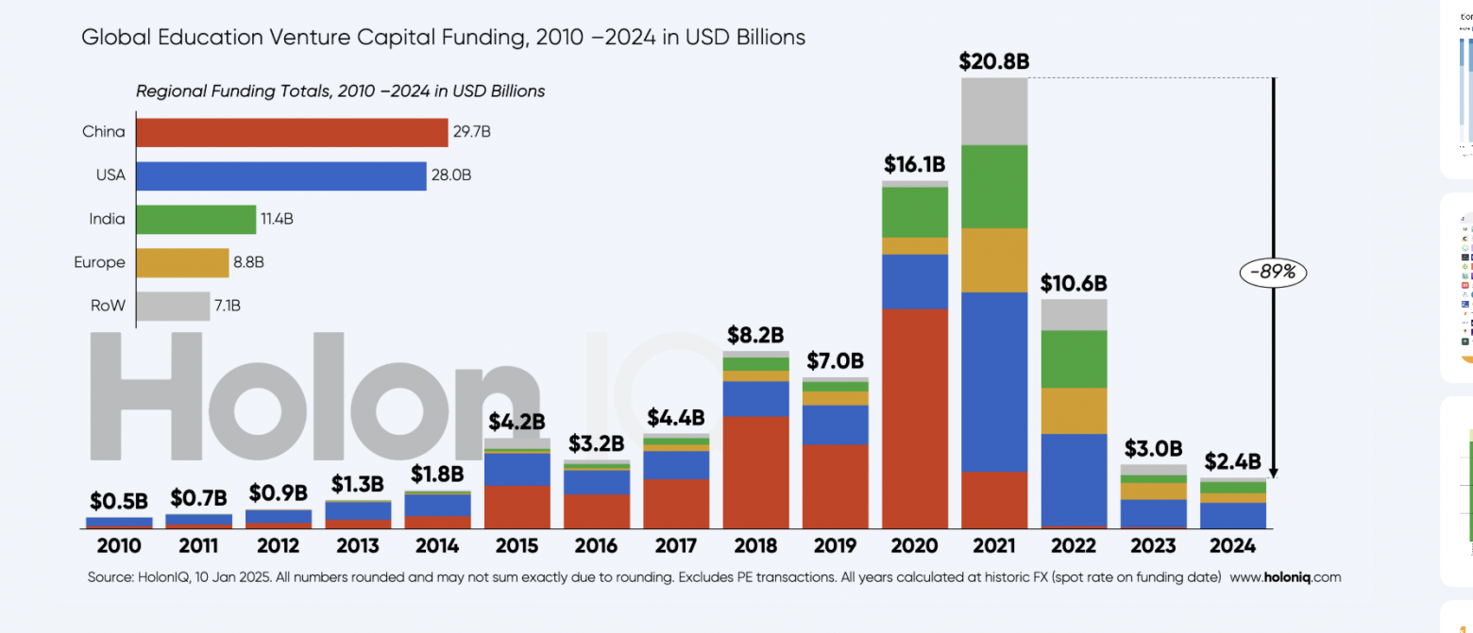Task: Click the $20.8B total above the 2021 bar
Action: click(994, 62)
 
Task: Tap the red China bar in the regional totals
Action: click(292, 132)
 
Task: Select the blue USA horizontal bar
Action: click(280, 175)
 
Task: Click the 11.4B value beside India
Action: click(277, 219)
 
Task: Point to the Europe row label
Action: click(99, 262)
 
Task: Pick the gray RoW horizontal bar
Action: click(173, 306)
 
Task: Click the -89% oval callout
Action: click(1273, 273)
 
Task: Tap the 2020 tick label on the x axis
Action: click(914, 546)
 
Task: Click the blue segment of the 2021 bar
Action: click(994, 381)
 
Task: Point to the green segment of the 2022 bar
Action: click(1074, 358)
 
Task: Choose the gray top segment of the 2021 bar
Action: click(994, 111)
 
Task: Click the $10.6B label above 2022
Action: click(1074, 283)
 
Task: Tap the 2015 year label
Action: click(516, 546)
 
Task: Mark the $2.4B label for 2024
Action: click(1233, 461)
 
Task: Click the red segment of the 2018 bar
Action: click(755, 472)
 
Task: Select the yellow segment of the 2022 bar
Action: click(1074, 410)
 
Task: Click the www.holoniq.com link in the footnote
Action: click(1285, 577)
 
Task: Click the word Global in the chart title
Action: click(111, 38)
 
